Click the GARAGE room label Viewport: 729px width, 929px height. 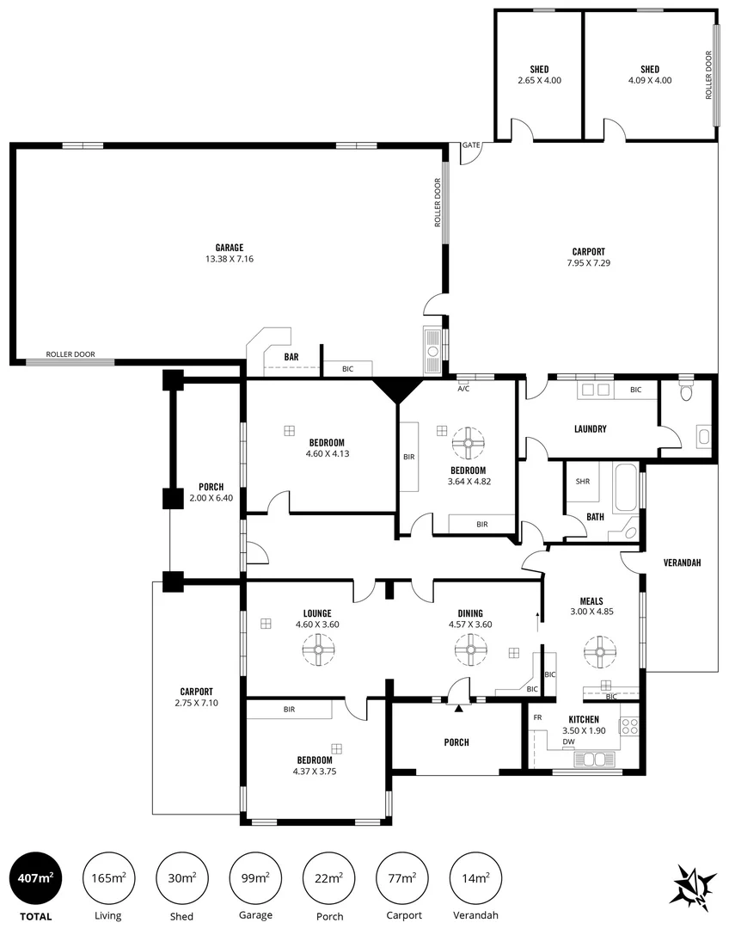pyautogui.click(x=229, y=247)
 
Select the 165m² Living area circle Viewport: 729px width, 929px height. pyautogui.click(x=108, y=878)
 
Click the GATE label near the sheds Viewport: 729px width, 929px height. pyautogui.click(x=470, y=145)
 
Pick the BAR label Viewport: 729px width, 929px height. pyautogui.click(x=291, y=355)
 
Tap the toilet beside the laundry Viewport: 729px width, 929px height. pyautogui.click(x=685, y=391)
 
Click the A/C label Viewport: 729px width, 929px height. pyautogui.click(x=463, y=389)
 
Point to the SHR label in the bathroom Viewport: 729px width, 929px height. pyautogui.click(x=582, y=482)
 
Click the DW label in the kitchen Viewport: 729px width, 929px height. pyautogui.click(x=568, y=741)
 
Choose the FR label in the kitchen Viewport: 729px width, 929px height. pyautogui.click(x=537, y=717)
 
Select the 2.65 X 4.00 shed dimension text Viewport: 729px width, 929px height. pyautogui.click(x=539, y=80)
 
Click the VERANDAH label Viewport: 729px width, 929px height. pyautogui.click(x=683, y=563)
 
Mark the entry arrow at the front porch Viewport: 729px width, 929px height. pyautogui.click(x=459, y=709)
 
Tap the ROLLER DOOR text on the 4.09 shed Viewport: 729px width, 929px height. pyautogui.click(x=709, y=75)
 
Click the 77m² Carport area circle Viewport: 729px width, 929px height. pyautogui.click(x=401, y=878)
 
